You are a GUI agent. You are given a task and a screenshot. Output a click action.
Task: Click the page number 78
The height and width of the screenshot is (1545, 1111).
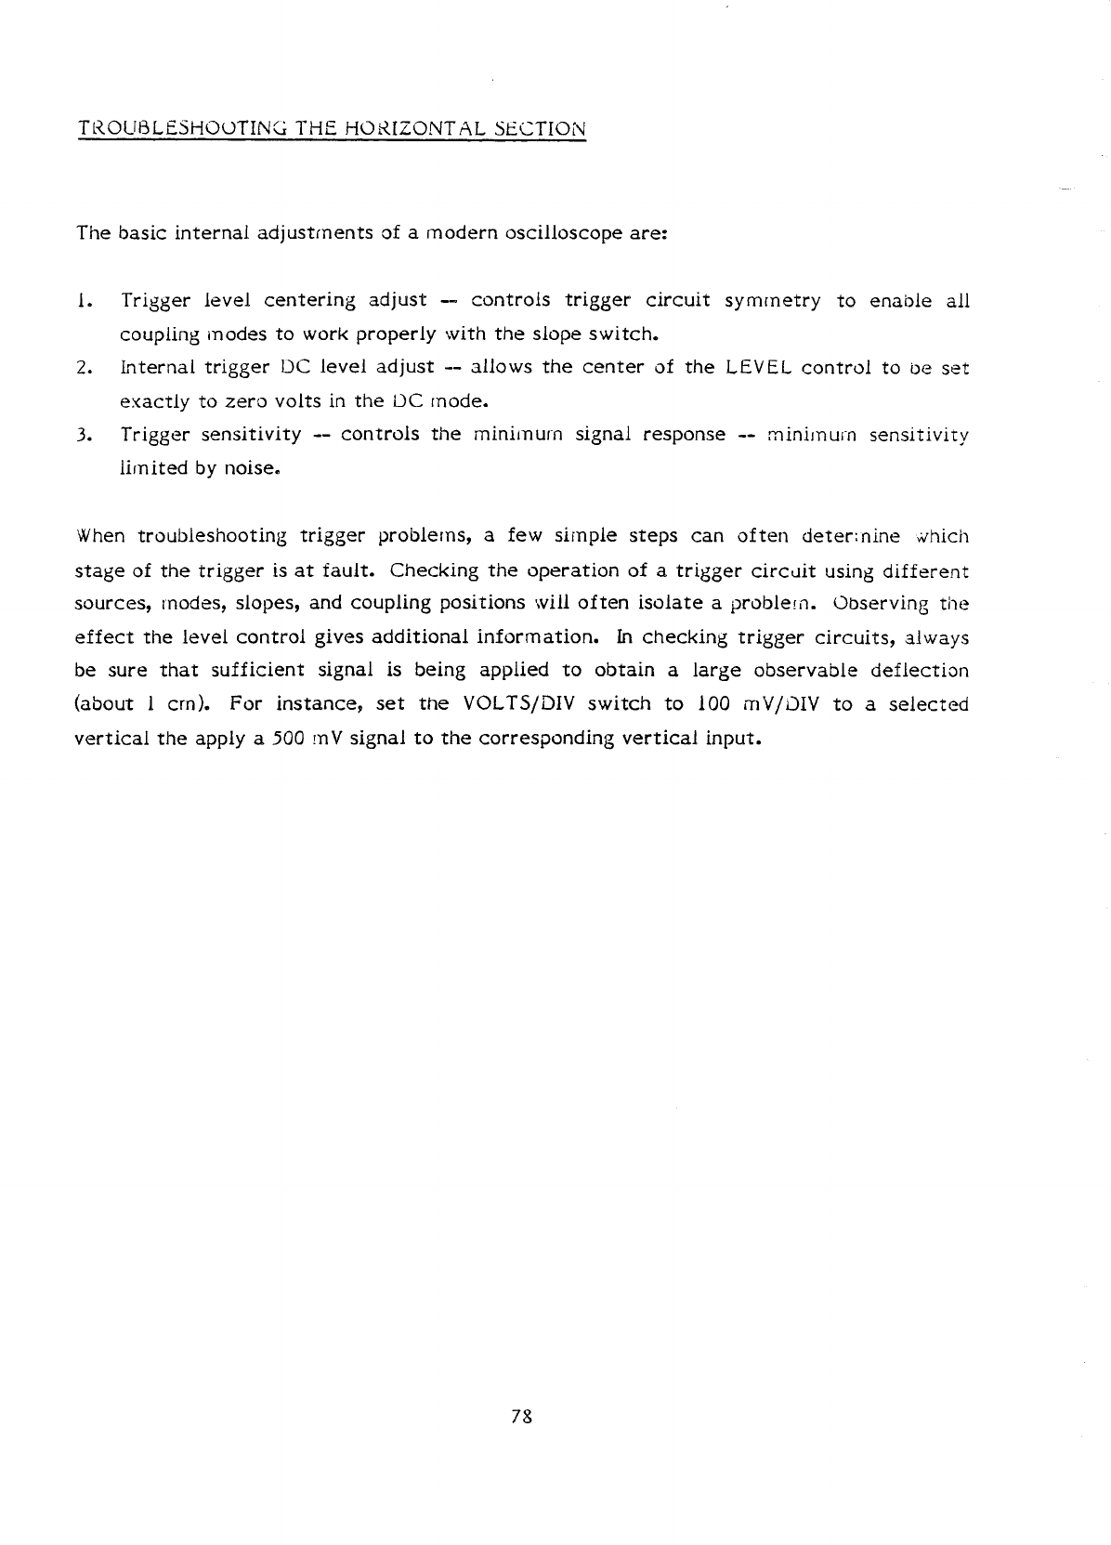coord(521,1416)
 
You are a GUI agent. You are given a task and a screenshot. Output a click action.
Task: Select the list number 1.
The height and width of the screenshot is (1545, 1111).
coord(83,300)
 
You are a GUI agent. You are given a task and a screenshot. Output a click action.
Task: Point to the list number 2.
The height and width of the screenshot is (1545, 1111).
coord(83,367)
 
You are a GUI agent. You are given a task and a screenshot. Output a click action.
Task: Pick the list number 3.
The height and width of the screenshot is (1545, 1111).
coord(83,434)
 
